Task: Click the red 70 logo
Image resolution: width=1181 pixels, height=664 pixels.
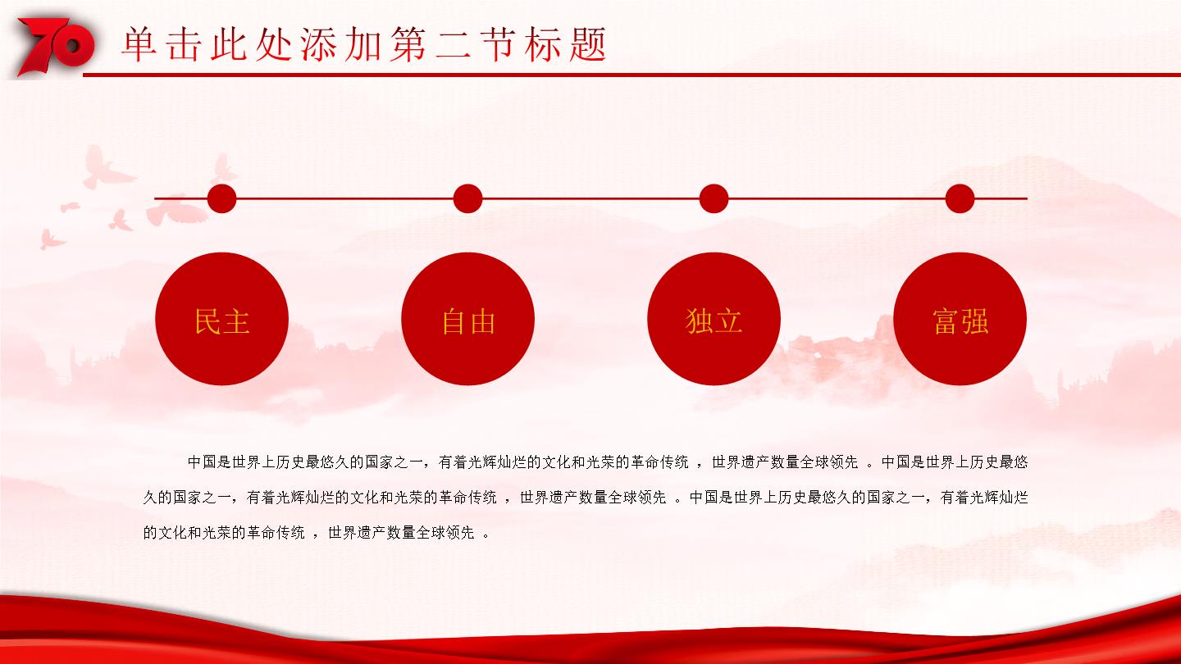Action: coord(56,47)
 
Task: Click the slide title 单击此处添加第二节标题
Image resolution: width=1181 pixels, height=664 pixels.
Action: coord(364,44)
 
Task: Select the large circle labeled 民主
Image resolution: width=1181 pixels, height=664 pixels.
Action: coord(222,319)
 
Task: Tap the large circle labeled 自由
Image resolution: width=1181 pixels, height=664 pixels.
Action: coord(467,319)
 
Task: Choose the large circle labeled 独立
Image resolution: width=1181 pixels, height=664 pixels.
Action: coord(714,319)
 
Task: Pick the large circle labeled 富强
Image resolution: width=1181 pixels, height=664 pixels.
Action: coord(960,319)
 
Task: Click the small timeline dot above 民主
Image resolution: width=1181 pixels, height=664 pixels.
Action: coord(222,198)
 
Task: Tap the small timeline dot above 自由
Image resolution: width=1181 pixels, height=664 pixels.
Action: coord(467,198)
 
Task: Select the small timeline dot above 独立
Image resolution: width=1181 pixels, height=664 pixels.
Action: coord(714,198)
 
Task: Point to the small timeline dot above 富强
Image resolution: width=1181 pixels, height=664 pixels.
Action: coord(960,198)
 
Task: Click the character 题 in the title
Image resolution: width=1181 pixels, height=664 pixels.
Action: coord(588,44)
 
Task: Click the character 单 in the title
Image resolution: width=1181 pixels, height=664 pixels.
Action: coord(139,44)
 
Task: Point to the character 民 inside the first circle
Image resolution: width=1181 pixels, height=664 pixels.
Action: coord(207,321)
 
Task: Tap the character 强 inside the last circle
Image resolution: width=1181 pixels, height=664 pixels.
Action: coord(975,321)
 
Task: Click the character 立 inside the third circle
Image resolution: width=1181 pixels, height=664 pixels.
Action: coord(728,321)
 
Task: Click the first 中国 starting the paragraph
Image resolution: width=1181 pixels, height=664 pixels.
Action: coord(203,462)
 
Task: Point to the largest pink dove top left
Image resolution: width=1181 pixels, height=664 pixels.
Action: coord(108,167)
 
